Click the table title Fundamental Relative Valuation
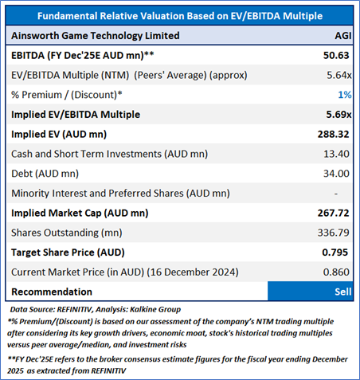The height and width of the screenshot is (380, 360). [180, 16]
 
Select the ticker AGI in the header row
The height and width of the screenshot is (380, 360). [343, 36]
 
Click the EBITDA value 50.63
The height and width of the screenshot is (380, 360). [336, 55]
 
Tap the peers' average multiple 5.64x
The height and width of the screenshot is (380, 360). [339, 75]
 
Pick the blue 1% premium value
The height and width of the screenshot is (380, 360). [345, 95]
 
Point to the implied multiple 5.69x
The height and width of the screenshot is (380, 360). [338, 115]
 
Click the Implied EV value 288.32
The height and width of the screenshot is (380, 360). [334, 134]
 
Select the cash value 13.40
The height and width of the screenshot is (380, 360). [336, 154]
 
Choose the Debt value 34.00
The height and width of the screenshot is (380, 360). [336, 174]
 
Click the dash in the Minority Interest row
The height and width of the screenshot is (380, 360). [336, 194]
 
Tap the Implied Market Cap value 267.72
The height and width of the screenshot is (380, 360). [334, 213]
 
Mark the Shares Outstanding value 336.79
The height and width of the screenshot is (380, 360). [334, 233]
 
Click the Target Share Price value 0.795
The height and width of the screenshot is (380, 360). [335, 253]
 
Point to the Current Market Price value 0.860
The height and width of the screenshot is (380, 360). [336, 272]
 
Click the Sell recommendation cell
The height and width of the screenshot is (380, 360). [311, 292]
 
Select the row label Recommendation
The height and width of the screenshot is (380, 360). [52, 292]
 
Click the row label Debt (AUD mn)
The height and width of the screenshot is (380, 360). [45, 174]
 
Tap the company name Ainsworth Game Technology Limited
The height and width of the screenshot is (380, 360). [96, 36]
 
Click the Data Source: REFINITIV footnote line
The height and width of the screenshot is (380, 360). [96, 309]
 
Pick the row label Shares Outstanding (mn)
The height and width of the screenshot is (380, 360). [67, 233]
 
